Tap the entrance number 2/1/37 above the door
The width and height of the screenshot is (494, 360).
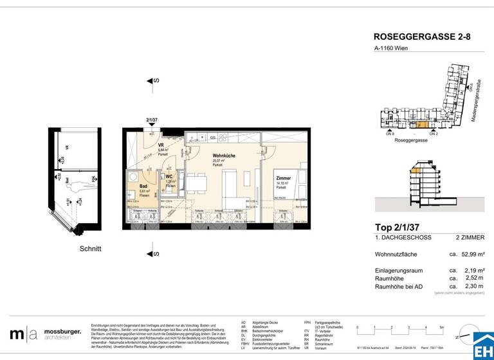pyautogui.click(x=152, y=120)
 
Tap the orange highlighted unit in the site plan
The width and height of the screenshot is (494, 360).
pyautogui.click(x=421, y=125)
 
